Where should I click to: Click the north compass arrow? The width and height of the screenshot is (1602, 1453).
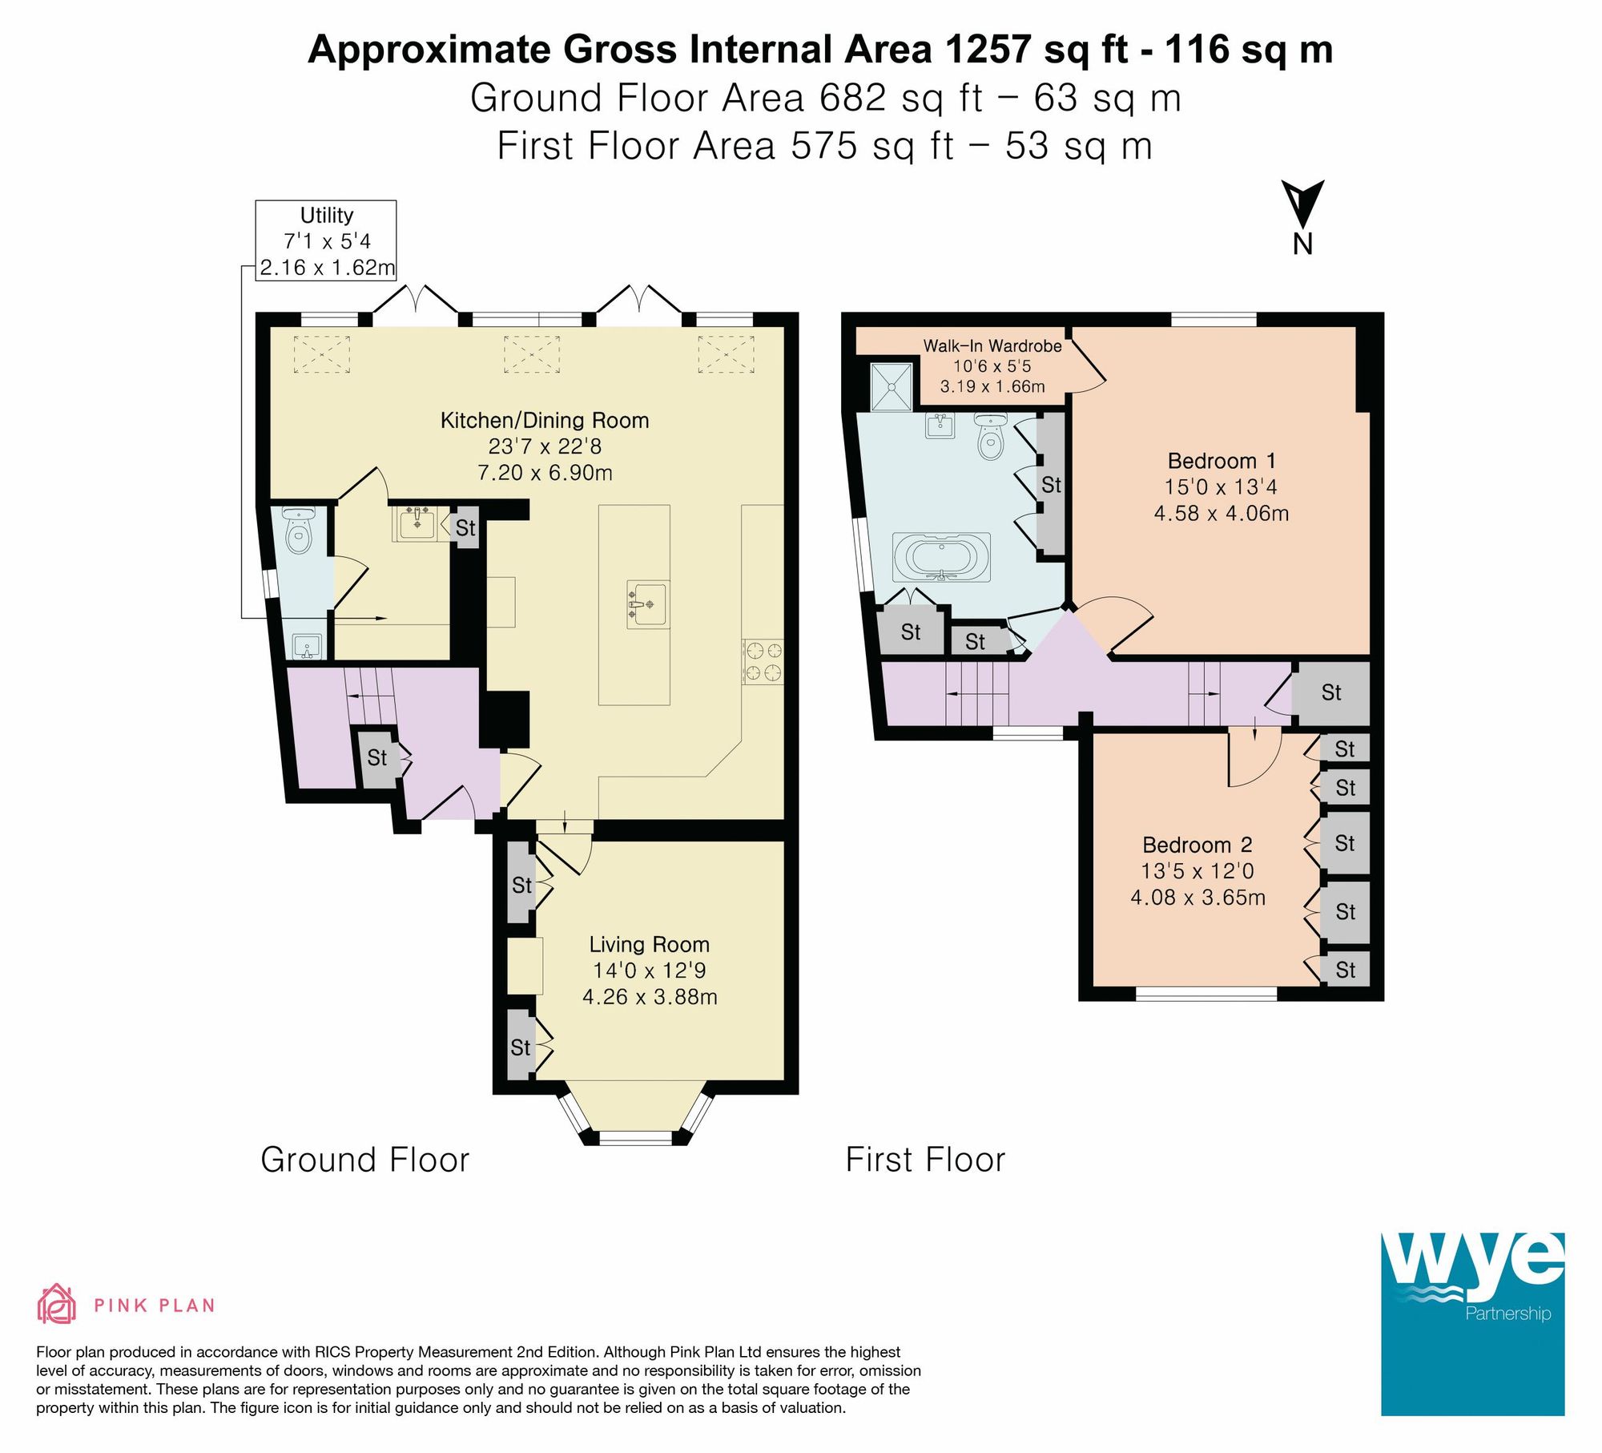[x=1302, y=205]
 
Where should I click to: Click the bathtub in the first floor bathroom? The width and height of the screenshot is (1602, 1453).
[x=942, y=557]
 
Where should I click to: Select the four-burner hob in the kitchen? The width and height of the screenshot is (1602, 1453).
[x=763, y=661]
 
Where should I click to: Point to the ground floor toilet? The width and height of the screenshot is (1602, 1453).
[x=298, y=531]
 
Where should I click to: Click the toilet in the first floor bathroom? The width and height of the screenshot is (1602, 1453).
[x=992, y=437]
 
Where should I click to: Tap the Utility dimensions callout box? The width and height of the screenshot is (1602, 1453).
[x=326, y=240]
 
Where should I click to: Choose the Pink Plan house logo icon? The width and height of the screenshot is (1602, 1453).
[x=56, y=1304]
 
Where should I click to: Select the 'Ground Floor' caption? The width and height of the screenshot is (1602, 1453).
[x=365, y=1160]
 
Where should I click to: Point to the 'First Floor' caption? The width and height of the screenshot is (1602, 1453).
[x=925, y=1160]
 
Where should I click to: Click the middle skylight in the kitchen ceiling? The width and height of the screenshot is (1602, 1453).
[x=531, y=354]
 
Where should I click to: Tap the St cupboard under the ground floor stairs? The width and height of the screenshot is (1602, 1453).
[x=376, y=757]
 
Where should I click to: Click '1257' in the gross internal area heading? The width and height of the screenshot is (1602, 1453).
[x=988, y=50]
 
